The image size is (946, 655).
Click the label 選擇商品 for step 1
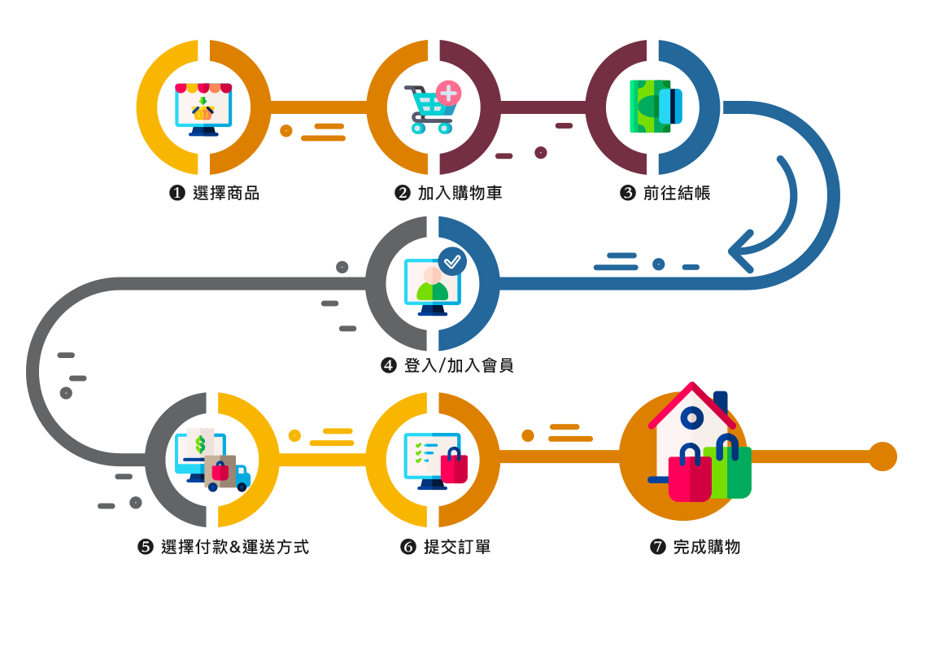pos(226,194)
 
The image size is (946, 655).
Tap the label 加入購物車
pos(460,194)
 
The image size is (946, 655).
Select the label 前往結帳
pos(677,194)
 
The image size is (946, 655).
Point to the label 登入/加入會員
pos(459,365)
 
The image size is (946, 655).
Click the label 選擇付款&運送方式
pos(235,547)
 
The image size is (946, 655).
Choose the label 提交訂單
pos(457,547)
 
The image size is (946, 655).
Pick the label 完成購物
pos(707,547)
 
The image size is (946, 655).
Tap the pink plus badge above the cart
pos(448,93)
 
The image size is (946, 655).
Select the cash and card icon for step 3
pos(656,107)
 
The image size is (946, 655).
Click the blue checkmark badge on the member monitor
pos(452,261)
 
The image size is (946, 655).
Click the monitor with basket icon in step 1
pos(203,108)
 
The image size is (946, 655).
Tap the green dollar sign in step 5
pos(200,444)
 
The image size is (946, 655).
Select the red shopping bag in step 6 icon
pos(454,467)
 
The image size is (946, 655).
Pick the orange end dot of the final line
pos(882,456)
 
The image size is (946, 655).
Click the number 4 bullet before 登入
pos(389,365)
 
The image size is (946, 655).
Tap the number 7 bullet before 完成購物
pos(658,547)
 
